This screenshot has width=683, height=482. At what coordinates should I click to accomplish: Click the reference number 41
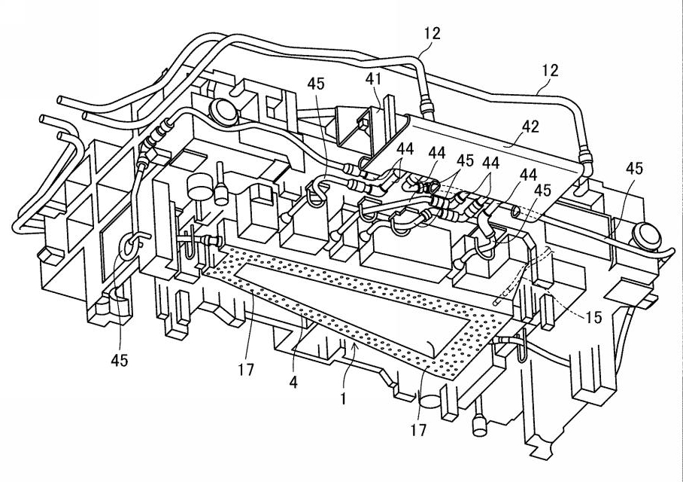coord(373,79)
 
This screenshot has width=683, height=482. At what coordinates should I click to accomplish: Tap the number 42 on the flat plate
coord(530,127)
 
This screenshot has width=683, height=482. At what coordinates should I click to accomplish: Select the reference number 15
coord(594,317)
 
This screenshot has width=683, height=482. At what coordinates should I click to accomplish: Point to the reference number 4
coord(293,383)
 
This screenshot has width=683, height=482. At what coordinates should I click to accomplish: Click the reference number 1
coord(344,398)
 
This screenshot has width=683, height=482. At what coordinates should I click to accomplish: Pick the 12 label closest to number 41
coord(432,34)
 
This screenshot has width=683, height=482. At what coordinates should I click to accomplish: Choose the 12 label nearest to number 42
coord(550,70)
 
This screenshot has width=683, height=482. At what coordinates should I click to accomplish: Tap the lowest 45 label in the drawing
coord(120,360)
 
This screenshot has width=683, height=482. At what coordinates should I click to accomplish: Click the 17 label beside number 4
coord(246,370)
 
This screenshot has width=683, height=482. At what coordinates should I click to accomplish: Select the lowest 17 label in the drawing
coord(418,430)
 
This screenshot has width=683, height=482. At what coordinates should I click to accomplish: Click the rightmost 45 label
coord(634,169)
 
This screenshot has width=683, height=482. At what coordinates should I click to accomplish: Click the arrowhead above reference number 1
coord(356,346)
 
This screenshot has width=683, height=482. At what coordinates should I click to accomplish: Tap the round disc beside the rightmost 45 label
coord(648,236)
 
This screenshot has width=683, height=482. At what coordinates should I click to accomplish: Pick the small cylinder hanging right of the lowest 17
coord(479,426)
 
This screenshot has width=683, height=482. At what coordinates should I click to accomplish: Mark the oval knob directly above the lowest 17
coord(430,401)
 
